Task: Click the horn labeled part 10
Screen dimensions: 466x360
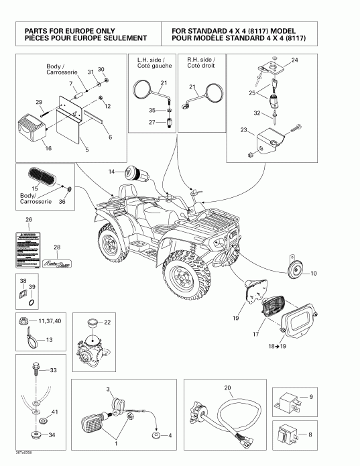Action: click(x=294, y=270)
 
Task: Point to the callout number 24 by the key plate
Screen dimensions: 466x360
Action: click(x=295, y=60)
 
